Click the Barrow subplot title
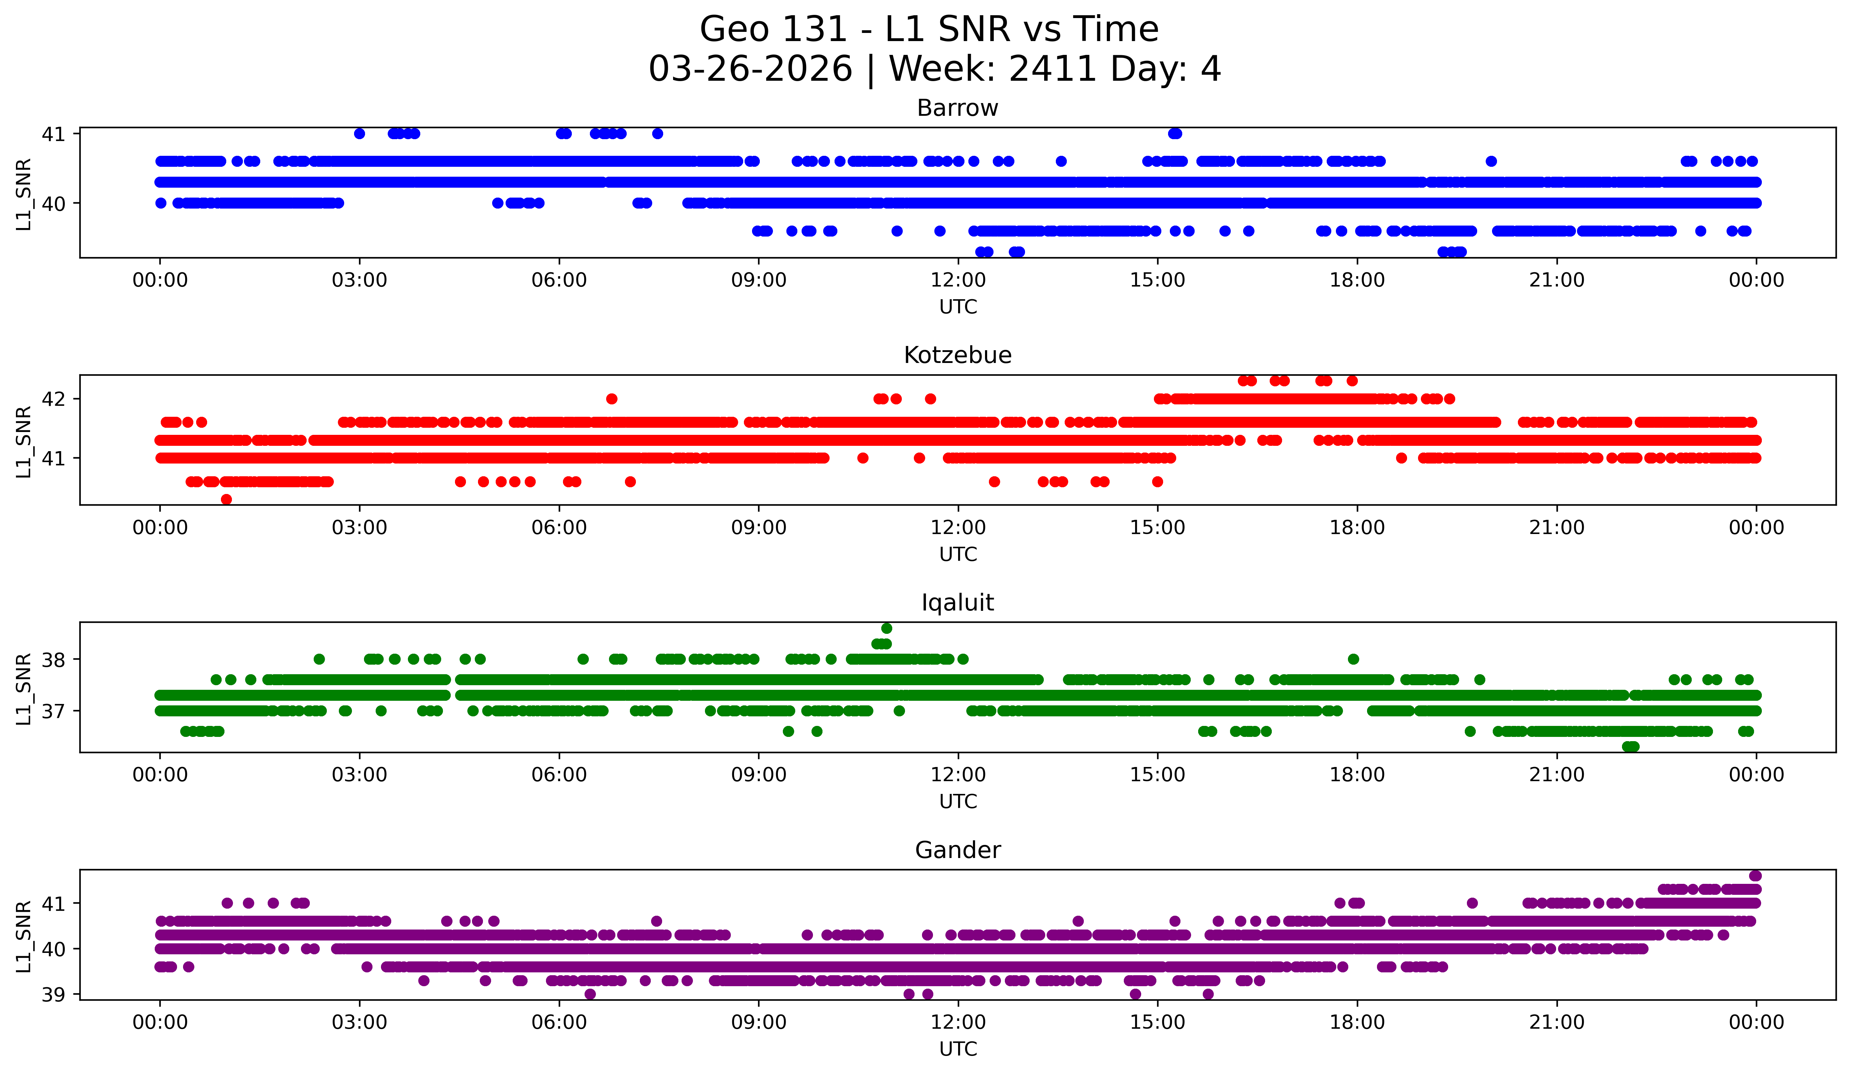coord(957,108)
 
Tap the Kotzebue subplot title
coord(957,355)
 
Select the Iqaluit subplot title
coord(957,603)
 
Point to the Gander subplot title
coord(957,850)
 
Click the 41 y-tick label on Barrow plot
coord(53,134)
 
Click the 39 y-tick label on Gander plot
coord(53,995)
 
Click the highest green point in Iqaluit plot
coord(887,629)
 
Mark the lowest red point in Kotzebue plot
coord(226,499)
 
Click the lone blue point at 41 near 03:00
coord(359,133)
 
